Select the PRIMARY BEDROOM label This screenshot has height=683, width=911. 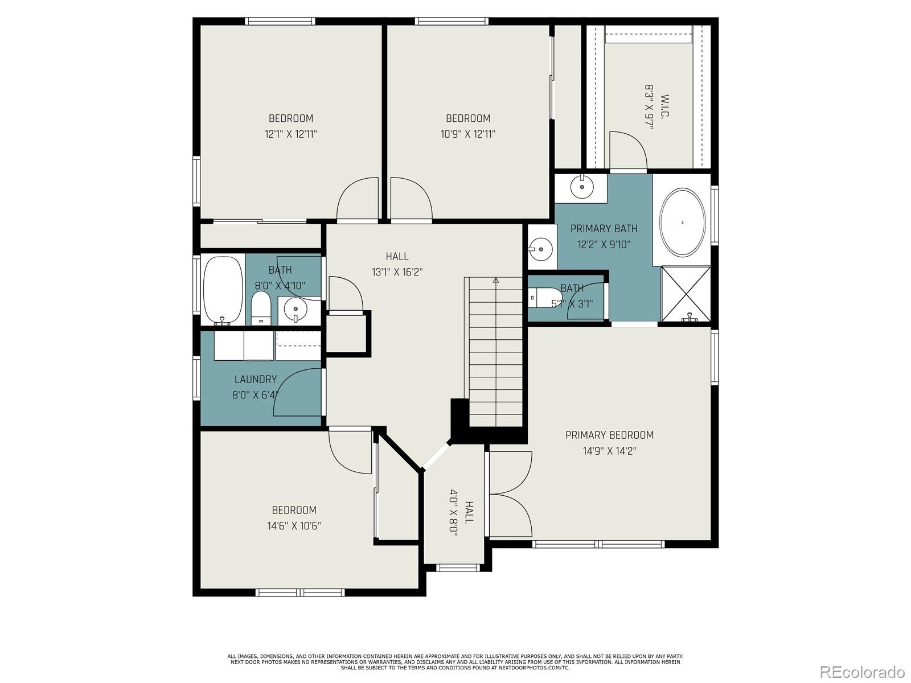click(609, 435)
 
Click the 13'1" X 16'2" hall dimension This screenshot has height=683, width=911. click(397, 272)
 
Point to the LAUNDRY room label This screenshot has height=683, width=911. click(255, 379)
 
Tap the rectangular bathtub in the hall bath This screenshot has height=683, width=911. click(223, 289)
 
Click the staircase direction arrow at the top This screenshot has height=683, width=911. click(495, 280)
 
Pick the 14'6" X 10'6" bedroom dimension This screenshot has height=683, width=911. click(294, 526)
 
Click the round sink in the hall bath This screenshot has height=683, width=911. click(295, 309)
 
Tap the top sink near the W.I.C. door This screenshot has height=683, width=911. click(581, 186)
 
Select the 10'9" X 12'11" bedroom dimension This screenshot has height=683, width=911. click(467, 134)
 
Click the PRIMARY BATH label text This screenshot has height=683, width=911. click(604, 228)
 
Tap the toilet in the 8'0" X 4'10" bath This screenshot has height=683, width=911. click(261, 308)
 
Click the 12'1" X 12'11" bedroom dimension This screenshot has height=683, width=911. click(290, 134)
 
